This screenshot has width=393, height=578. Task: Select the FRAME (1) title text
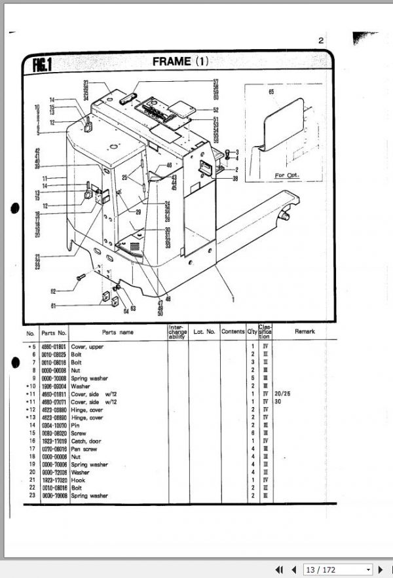point(180,62)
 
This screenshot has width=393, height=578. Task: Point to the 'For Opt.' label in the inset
point(286,175)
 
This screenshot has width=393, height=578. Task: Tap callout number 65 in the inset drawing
point(270,93)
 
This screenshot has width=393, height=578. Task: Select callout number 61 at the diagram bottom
point(54,305)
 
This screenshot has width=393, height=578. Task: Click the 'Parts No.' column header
point(54,332)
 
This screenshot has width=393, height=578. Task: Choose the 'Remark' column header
point(305,332)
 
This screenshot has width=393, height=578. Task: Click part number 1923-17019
point(54,441)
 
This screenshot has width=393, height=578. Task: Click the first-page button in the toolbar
point(279,569)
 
